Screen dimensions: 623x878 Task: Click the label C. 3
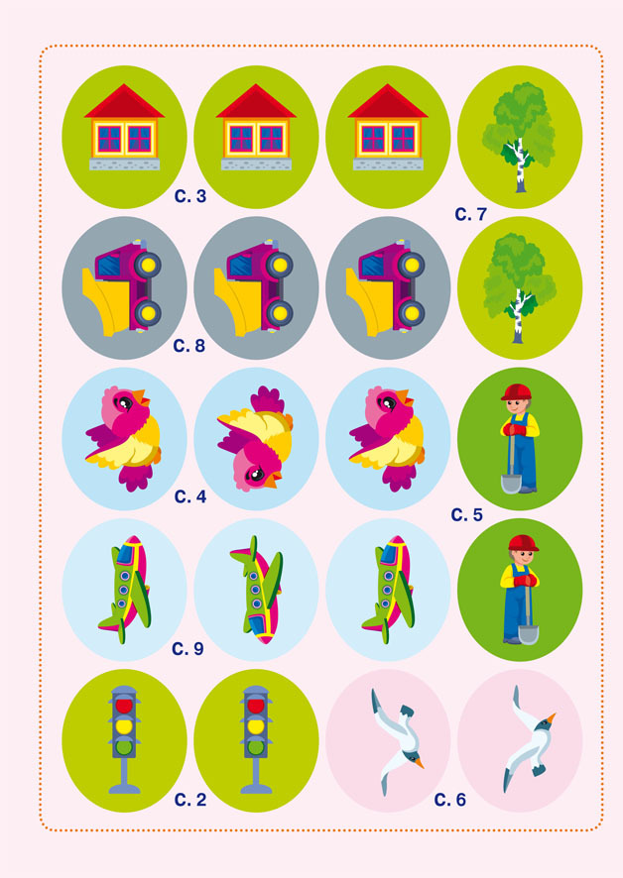(x=190, y=196)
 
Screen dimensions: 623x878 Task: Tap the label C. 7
(x=470, y=214)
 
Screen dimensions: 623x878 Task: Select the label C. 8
(x=188, y=346)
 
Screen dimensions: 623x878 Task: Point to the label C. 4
(x=190, y=496)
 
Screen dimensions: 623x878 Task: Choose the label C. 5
(x=466, y=514)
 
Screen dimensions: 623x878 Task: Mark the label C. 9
(x=187, y=648)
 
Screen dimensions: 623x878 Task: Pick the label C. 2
(x=190, y=800)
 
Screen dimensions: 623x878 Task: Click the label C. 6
(x=449, y=800)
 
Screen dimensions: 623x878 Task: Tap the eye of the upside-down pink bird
(x=256, y=475)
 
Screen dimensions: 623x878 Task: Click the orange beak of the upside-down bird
(x=274, y=480)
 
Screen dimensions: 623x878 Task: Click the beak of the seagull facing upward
(x=552, y=717)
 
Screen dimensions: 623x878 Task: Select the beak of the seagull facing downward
(x=418, y=762)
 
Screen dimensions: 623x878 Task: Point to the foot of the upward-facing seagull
(x=539, y=771)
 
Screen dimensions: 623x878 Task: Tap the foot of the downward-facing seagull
(x=407, y=712)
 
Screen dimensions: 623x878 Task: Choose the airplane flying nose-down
(x=256, y=591)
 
